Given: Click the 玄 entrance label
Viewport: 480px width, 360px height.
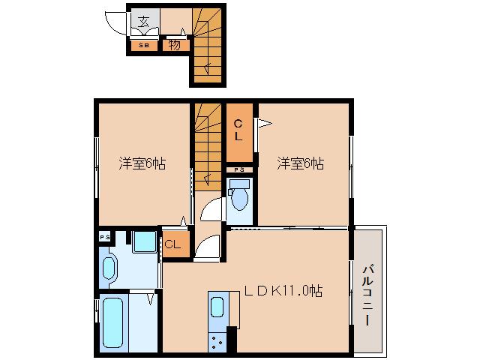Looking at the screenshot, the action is (x=143, y=22).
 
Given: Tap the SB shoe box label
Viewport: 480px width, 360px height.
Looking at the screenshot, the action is (x=144, y=45).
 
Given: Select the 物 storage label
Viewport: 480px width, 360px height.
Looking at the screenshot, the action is (x=174, y=45).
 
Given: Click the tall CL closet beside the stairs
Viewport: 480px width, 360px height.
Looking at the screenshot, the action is (x=239, y=132).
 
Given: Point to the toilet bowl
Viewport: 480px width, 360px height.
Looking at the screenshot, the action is (x=239, y=198).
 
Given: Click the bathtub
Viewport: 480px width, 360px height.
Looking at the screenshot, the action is (x=113, y=323).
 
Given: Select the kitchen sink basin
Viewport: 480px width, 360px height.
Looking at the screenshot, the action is (x=217, y=307).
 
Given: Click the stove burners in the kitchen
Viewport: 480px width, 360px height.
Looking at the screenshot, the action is (x=217, y=342).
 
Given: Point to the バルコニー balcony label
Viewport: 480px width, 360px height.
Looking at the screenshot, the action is (x=367, y=295).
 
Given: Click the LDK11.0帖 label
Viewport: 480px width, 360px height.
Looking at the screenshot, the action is (x=283, y=290).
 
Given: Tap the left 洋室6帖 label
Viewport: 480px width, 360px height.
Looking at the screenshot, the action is (x=142, y=163).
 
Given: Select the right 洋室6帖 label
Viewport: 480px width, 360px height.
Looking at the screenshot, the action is (x=300, y=163).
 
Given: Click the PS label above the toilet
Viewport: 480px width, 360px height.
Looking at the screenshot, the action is (x=239, y=170).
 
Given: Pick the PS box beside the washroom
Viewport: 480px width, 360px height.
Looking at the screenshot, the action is (x=104, y=237).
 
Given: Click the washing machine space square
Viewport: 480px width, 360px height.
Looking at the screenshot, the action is (x=144, y=241).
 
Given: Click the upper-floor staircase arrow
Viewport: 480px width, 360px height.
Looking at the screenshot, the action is (x=208, y=68).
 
